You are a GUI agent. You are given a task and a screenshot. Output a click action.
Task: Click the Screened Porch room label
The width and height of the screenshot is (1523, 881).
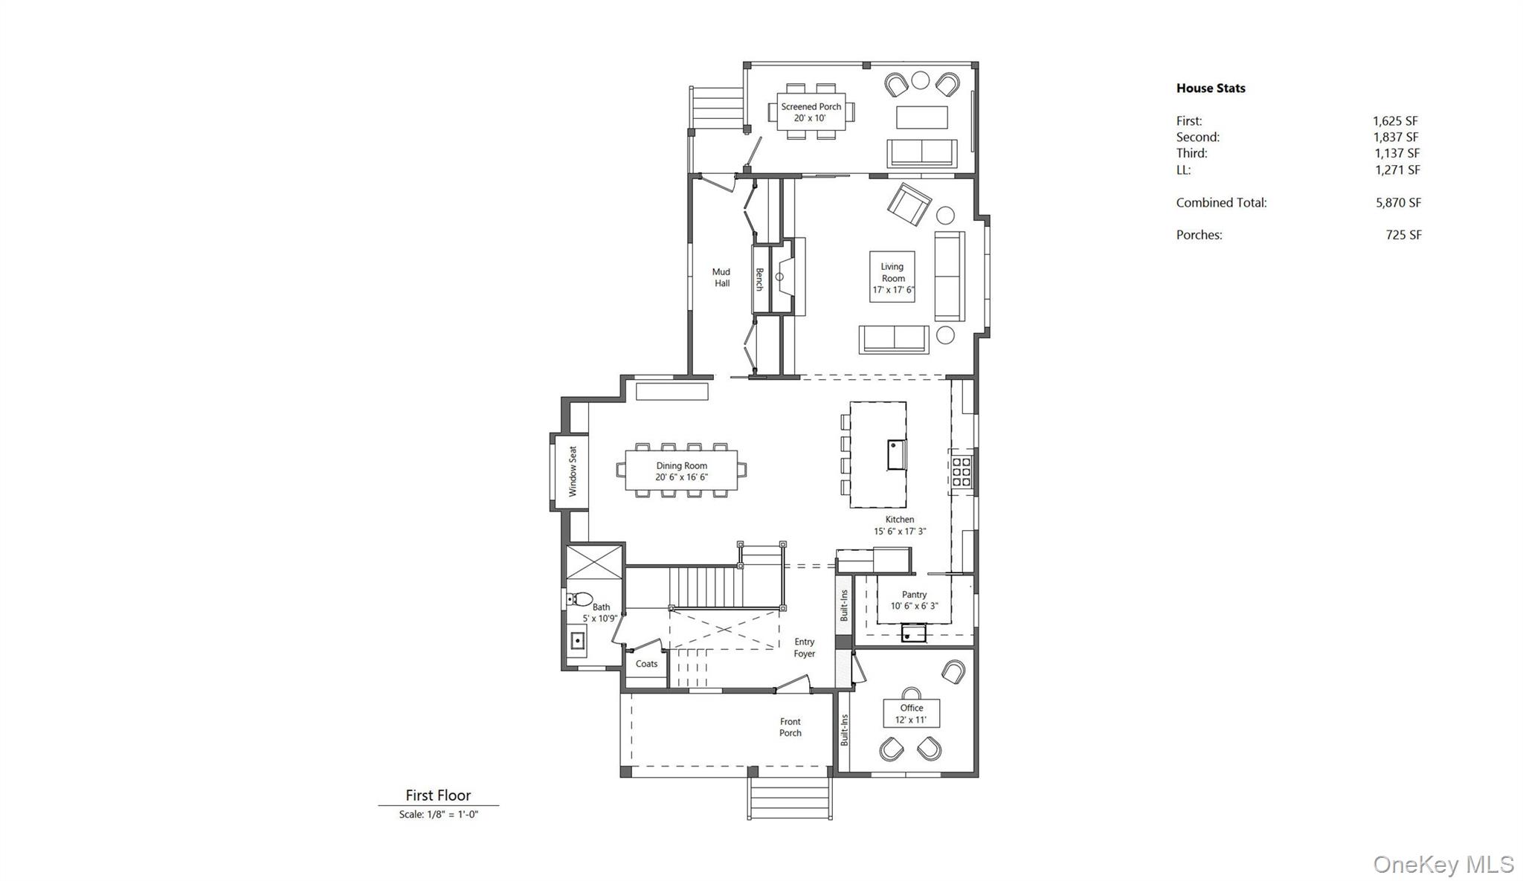tap(811, 112)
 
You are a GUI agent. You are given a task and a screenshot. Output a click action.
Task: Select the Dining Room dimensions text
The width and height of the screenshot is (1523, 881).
tap(681, 477)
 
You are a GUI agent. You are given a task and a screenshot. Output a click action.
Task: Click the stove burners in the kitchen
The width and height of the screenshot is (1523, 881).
tap(961, 472)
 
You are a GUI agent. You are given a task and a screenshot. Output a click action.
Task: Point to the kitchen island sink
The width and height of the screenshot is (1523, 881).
tap(897, 454)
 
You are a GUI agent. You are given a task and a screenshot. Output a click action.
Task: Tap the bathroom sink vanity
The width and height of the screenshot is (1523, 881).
tap(577, 640)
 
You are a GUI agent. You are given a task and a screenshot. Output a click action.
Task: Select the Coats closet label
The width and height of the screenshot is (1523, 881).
tap(646, 664)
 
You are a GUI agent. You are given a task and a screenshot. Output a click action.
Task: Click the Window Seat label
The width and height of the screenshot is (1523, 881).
tap(573, 471)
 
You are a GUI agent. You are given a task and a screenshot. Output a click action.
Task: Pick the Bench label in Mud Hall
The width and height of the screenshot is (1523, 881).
tap(759, 280)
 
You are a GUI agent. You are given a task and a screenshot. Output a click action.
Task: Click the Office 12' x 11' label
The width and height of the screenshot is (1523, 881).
tap(911, 714)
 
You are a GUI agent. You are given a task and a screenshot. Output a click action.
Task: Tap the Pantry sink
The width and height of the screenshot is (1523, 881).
tap(913, 634)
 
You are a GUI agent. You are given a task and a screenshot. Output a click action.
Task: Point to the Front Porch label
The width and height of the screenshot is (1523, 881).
tap(790, 727)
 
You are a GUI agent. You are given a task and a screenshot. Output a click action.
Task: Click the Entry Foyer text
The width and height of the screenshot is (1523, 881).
tap(804, 648)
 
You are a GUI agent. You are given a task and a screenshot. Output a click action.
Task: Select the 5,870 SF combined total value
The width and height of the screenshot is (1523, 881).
tap(1397, 202)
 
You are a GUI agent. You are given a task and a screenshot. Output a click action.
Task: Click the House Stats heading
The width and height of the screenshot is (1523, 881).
tap(1210, 88)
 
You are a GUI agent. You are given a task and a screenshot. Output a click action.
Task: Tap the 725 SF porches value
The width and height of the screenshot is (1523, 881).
tap(1403, 235)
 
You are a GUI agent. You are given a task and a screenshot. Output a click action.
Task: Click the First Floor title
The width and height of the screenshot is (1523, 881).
tap(438, 796)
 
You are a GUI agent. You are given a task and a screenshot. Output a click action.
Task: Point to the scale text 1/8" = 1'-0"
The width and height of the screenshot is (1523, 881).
tap(438, 814)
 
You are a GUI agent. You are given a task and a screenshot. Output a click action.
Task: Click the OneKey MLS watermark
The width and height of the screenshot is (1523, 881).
tap(1443, 864)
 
